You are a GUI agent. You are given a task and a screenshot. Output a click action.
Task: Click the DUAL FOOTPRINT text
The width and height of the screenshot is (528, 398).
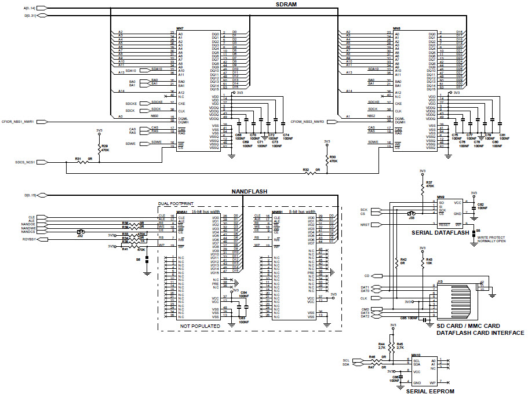[177, 204]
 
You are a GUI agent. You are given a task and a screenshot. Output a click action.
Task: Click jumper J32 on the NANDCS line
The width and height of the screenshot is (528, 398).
[80, 232]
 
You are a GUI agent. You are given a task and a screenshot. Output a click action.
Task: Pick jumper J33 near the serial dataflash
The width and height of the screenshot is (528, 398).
[411, 214]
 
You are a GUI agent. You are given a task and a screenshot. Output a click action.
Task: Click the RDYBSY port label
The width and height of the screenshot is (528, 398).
[29, 238]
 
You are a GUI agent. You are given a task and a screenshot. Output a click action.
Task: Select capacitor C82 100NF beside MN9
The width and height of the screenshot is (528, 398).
[475, 206]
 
